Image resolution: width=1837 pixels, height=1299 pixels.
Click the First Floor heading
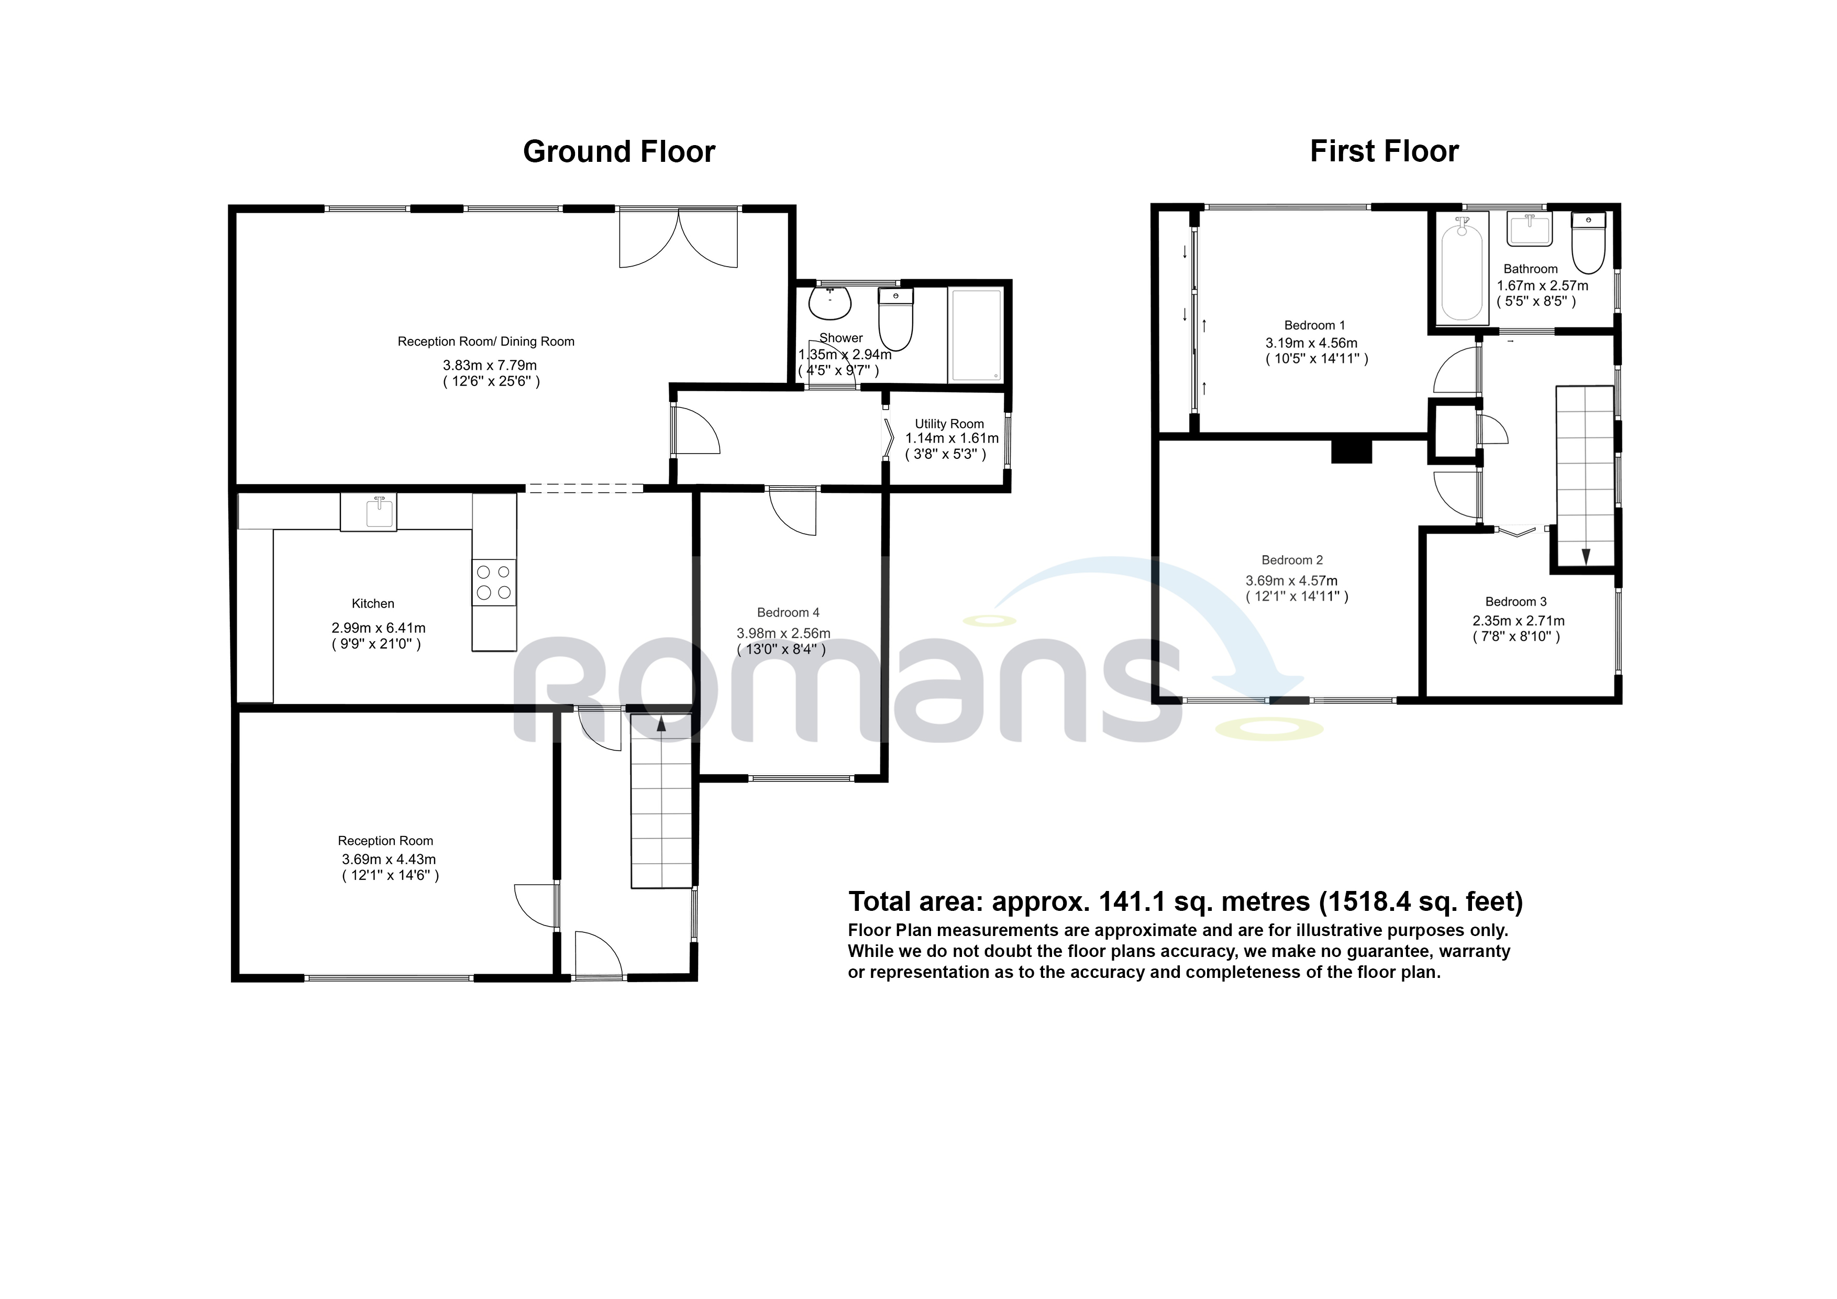click(1384, 151)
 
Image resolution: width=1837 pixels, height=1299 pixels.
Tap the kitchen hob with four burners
click(494, 582)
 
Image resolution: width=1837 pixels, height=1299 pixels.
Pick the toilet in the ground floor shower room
click(895, 320)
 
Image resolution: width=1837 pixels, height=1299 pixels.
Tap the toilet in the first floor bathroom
click(1588, 244)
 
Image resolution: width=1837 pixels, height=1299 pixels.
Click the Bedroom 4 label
click(788, 613)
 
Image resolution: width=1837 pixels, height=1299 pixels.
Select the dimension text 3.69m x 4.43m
click(389, 860)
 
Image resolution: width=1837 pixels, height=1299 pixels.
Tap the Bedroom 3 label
click(1515, 602)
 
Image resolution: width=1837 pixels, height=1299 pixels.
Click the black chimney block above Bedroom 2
click(1352, 452)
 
